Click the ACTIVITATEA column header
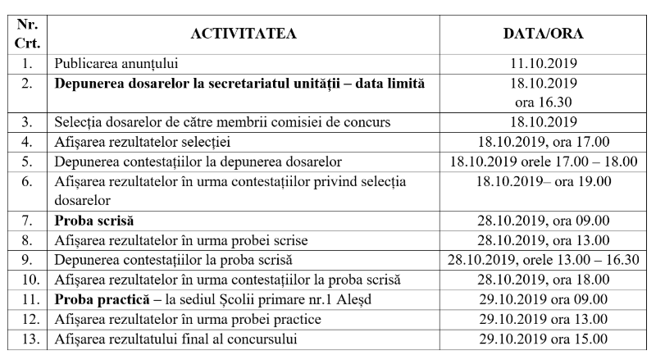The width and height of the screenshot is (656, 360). pyautogui.click(x=243, y=33)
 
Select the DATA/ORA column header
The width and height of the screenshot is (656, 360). pyautogui.click(x=542, y=33)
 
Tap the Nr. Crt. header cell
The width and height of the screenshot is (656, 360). pyautogui.click(x=28, y=33)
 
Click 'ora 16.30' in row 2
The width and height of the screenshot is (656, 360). pyautogui.click(x=542, y=102)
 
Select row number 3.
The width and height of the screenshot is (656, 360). pyautogui.click(x=28, y=122)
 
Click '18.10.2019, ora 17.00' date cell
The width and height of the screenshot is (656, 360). pyautogui.click(x=542, y=142)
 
